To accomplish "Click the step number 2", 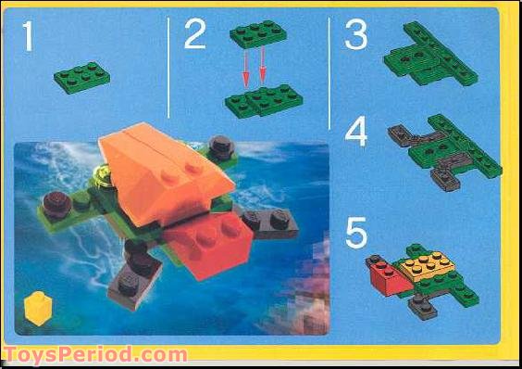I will (x=194, y=35).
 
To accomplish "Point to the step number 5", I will (x=356, y=233).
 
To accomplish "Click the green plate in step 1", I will (x=82, y=76).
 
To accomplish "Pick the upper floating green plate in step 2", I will (x=257, y=33).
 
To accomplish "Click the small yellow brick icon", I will (x=37, y=309).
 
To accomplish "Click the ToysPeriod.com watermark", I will (x=94, y=355).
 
